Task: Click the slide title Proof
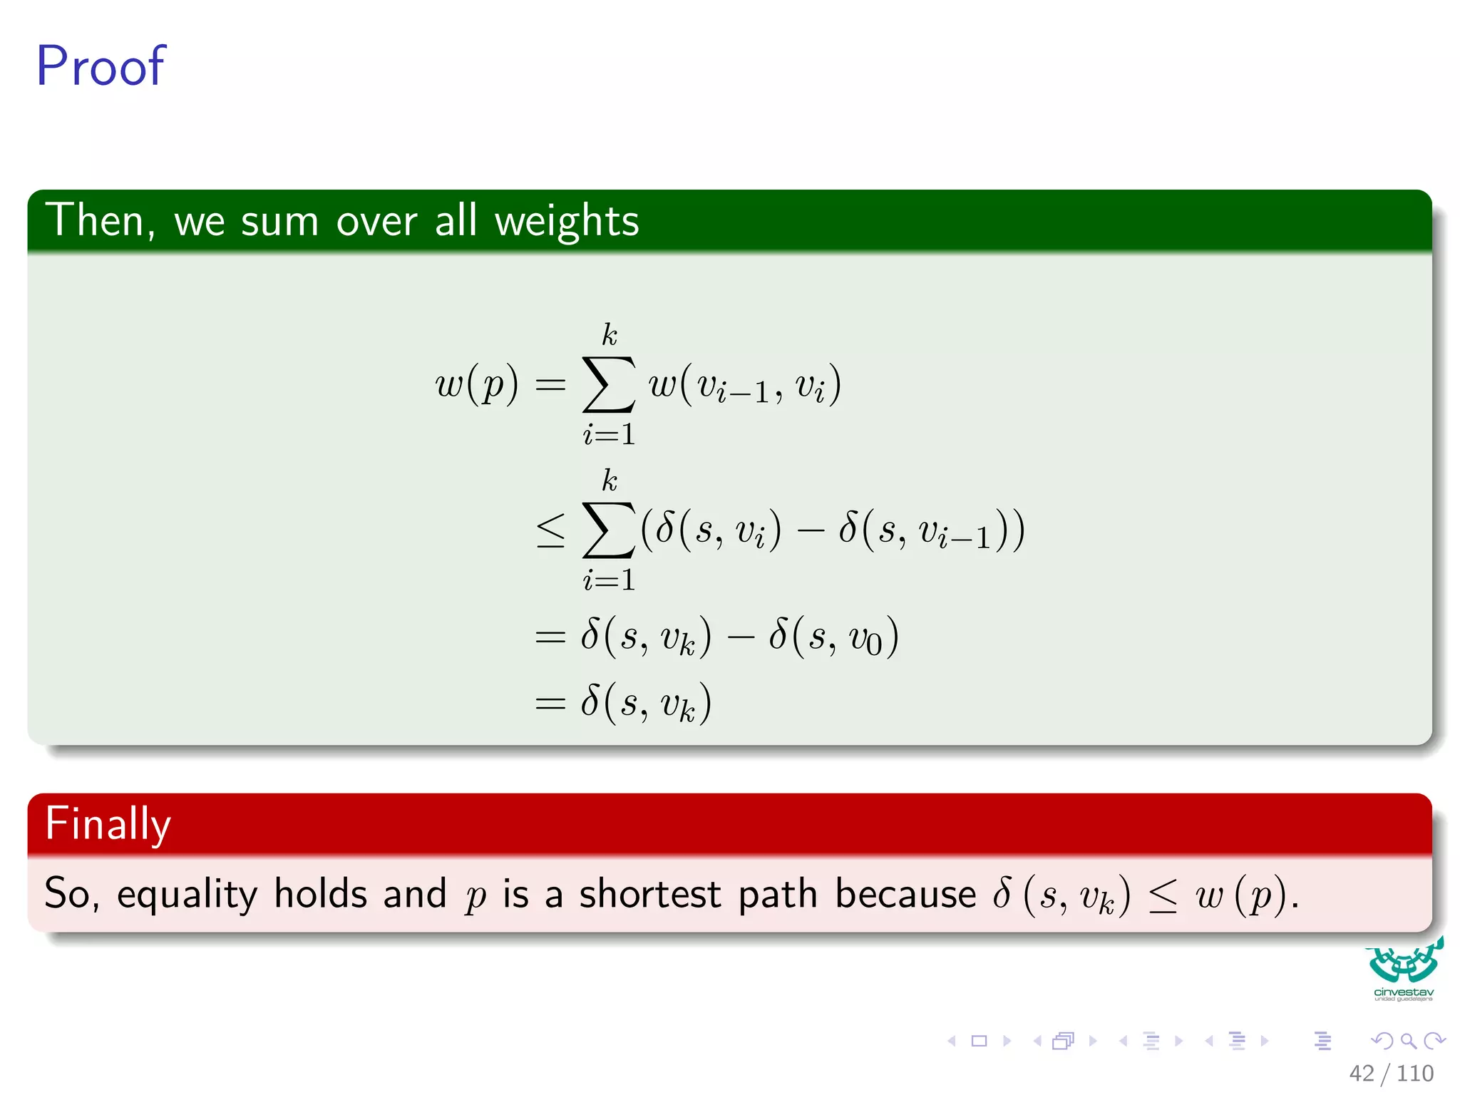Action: [x=101, y=66]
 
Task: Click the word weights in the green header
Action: [x=567, y=221]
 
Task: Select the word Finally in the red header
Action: [x=108, y=824]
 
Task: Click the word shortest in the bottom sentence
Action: [x=649, y=894]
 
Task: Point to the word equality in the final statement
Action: [x=187, y=895]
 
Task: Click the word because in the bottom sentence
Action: [x=905, y=894]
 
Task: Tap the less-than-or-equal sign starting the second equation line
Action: [x=550, y=531]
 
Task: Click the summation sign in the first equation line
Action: [x=608, y=385]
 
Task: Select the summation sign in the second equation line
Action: [x=608, y=530]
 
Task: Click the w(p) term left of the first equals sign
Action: [x=476, y=385]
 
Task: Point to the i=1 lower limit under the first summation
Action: [x=609, y=434]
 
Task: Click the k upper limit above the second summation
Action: [x=610, y=480]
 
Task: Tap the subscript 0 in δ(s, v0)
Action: [x=874, y=647]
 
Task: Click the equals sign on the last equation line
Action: [x=550, y=704]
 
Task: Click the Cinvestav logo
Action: [x=1404, y=970]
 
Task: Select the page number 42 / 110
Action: [x=1390, y=1073]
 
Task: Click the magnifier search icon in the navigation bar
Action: [x=1408, y=1042]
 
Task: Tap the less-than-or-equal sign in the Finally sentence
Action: [x=1163, y=896]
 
